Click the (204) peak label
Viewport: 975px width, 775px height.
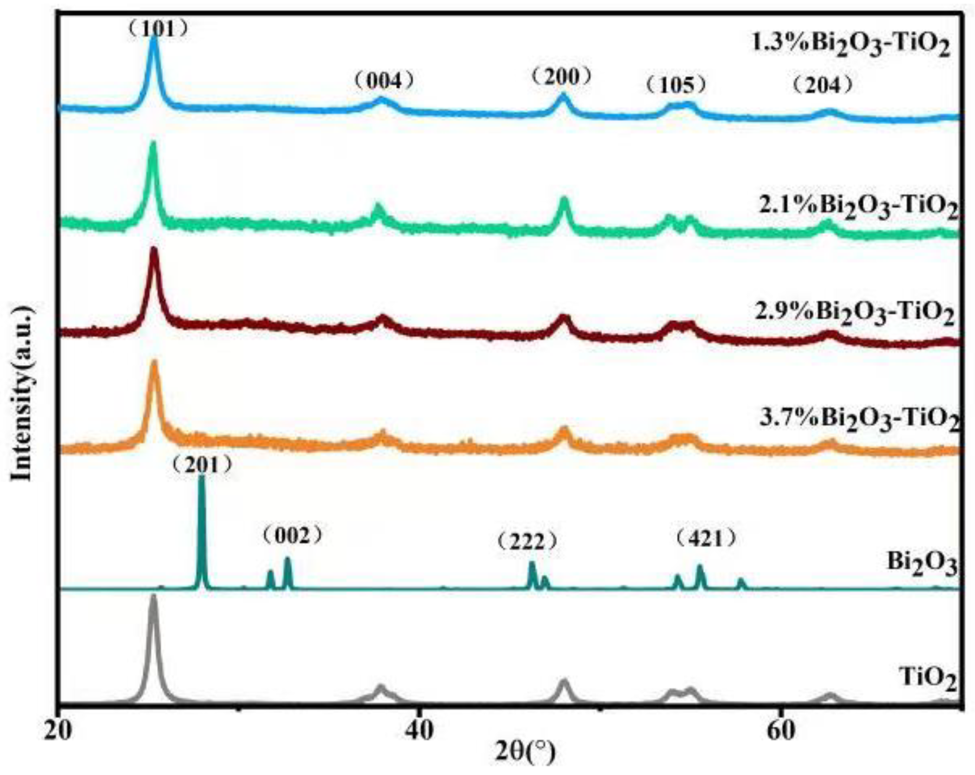pyautogui.click(x=823, y=85)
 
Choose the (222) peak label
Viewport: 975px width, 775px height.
pyautogui.click(x=527, y=540)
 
